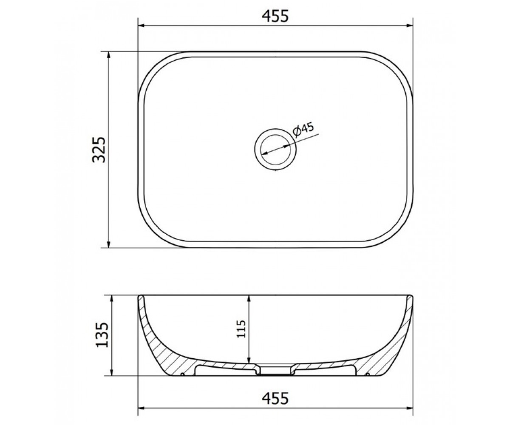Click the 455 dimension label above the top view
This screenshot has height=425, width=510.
[275, 16]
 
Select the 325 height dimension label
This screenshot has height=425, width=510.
[99, 150]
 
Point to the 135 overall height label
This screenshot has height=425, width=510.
[101, 335]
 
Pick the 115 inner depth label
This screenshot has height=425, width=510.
[241, 329]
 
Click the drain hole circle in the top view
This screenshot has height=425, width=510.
[275, 149]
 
